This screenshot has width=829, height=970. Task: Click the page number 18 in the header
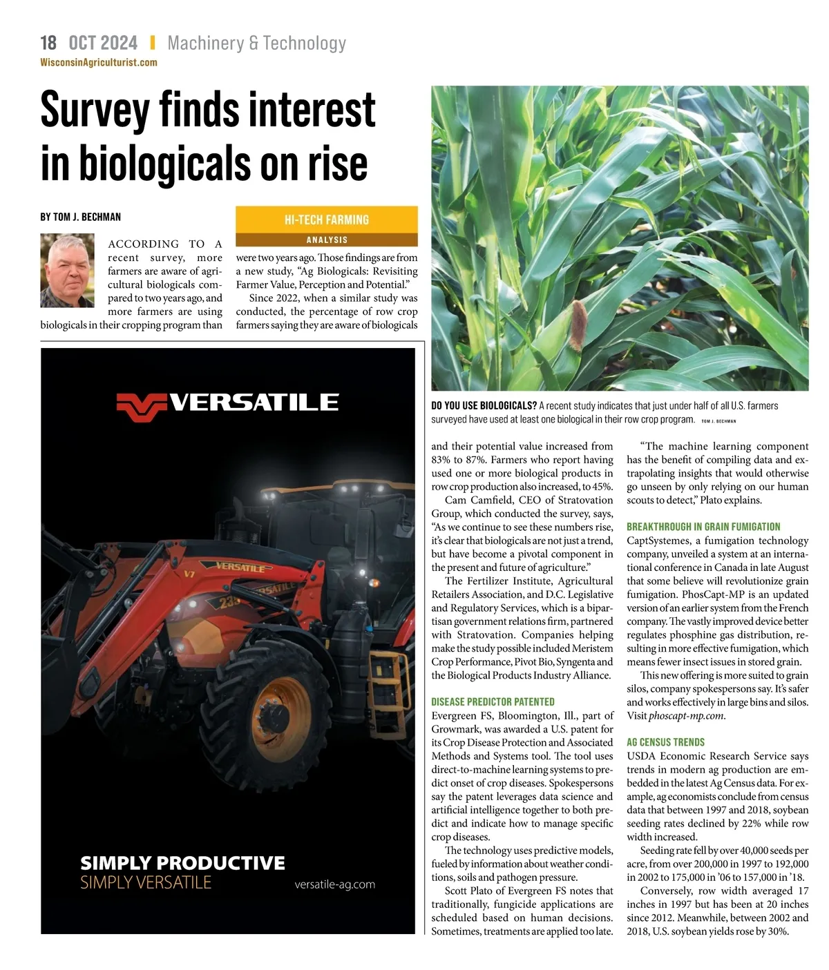pos(48,43)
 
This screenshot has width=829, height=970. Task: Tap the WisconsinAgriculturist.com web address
pos(99,62)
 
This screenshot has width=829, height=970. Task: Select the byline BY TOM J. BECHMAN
pos(80,217)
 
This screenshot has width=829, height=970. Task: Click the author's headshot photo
pos(67,271)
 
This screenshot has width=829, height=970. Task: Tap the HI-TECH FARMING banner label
pos(326,220)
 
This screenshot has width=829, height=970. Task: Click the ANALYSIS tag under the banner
pos(327,240)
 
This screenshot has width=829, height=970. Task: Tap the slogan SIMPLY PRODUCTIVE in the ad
pos(182,863)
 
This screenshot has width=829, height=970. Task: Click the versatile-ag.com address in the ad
pos(334,884)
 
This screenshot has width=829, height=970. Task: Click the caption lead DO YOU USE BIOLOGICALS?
pos(484,406)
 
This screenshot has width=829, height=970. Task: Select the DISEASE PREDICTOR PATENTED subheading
pos(493,701)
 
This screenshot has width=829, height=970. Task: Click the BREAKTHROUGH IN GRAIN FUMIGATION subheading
pos(703,527)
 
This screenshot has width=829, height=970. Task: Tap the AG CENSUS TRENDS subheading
pos(665,742)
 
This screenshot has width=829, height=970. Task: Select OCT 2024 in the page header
pos(103,43)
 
